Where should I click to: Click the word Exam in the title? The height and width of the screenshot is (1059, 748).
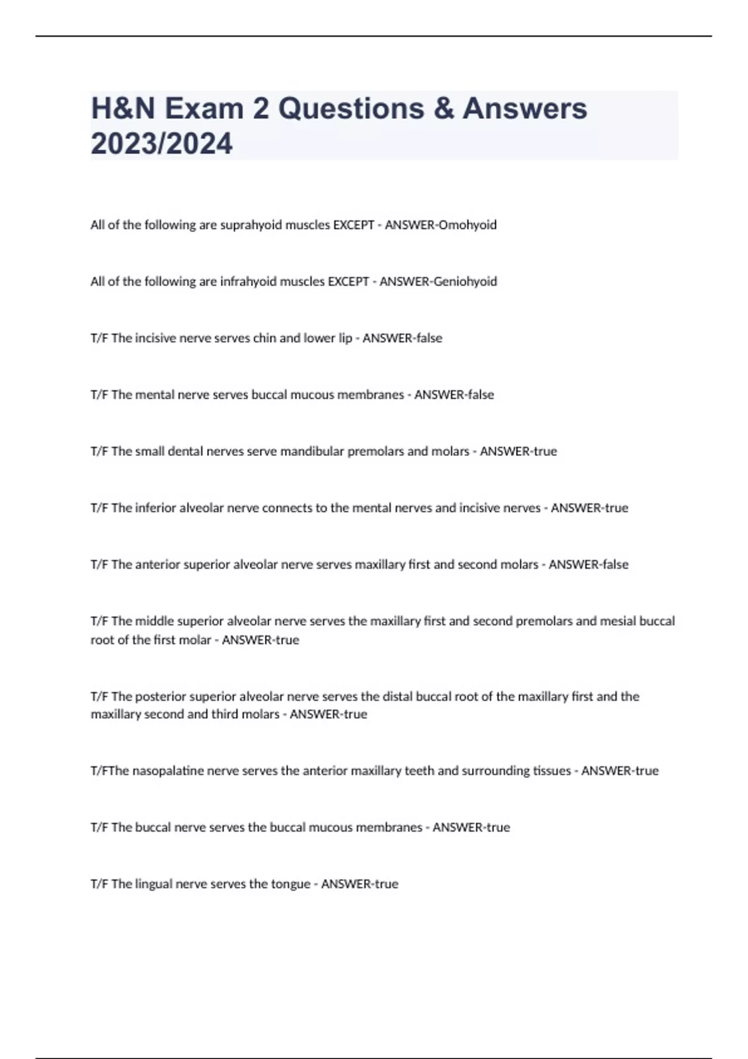click(x=204, y=108)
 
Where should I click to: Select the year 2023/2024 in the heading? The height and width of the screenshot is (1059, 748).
click(x=161, y=143)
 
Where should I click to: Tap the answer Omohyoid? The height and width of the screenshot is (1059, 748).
click(x=467, y=225)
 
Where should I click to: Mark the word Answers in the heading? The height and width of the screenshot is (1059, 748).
click(x=525, y=108)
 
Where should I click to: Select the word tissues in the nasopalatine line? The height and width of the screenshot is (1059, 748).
click(x=552, y=771)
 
